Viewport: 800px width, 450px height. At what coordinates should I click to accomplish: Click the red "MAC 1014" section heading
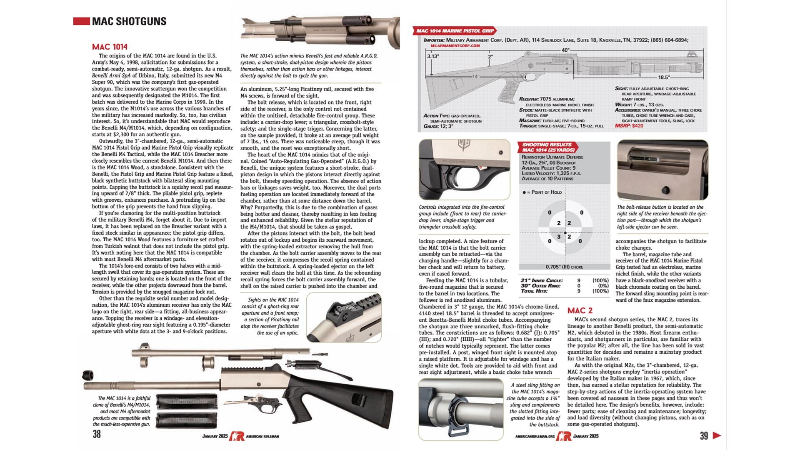[110, 47]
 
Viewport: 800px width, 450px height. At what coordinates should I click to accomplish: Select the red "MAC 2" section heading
[580, 310]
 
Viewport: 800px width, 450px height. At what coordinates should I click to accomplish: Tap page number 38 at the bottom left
[97, 434]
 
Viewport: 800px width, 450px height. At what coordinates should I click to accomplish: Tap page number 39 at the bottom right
[704, 435]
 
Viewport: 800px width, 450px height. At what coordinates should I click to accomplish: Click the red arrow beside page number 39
[717, 435]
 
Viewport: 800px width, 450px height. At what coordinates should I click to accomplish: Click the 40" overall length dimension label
[565, 50]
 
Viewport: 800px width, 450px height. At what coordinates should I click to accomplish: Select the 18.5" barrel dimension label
[664, 77]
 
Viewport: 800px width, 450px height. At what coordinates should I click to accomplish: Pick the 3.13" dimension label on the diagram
[432, 56]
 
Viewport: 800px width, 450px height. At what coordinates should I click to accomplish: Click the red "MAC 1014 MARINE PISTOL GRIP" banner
[455, 31]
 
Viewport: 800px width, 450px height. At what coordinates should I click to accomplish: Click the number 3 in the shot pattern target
[558, 237]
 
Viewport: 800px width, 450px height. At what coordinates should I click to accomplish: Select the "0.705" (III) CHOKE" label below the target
[564, 267]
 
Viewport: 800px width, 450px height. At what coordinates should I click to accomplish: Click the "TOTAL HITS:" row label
[535, 291]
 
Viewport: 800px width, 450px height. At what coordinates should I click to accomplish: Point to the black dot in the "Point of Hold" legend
[524, 192]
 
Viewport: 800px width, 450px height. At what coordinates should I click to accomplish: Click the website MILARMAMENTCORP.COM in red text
[455, 45]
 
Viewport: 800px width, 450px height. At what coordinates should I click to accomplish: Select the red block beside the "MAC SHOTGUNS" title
[81, 21]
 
